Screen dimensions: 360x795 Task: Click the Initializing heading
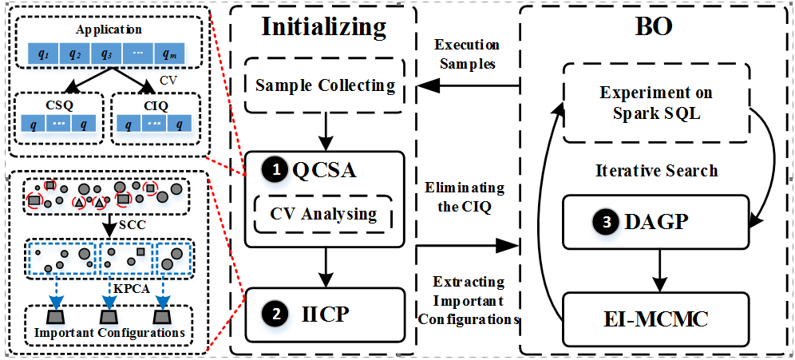point(324,26)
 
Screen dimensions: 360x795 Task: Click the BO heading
point(654,26)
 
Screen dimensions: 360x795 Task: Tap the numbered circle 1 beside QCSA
point(276,168)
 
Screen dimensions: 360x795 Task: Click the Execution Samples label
point(466,53)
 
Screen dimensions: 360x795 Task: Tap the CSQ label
point(58,103)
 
